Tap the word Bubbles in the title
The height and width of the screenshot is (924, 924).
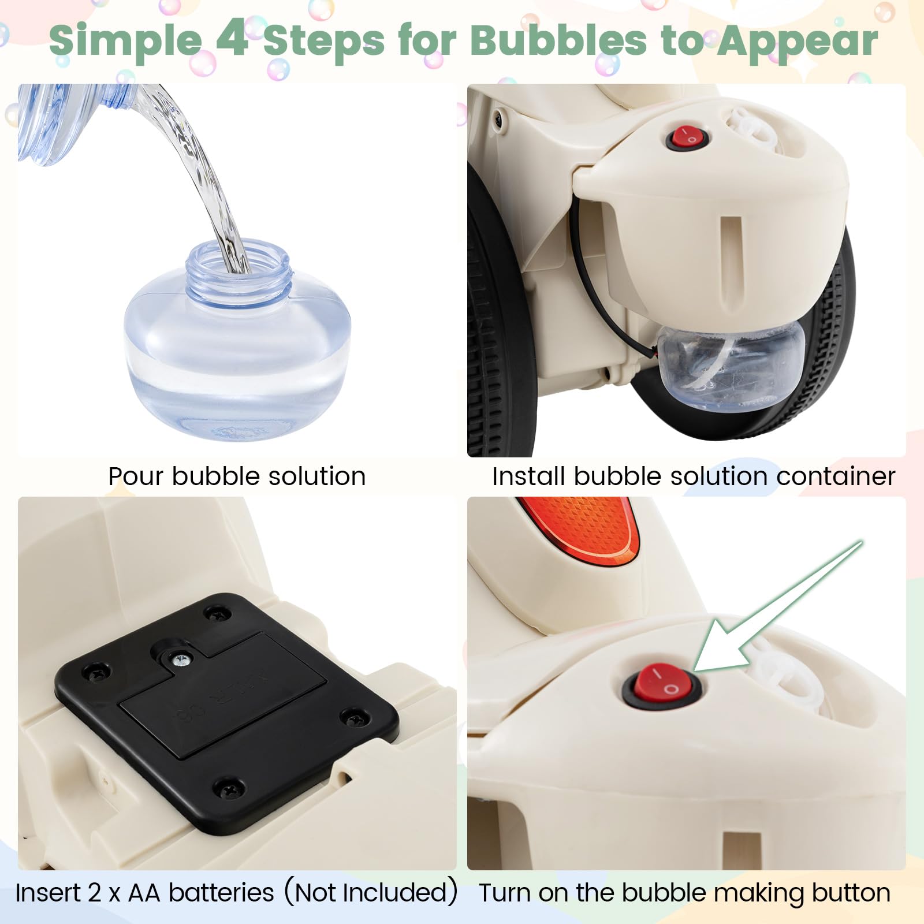(x=558, y=40)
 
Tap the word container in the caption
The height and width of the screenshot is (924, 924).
(x=836, y=477)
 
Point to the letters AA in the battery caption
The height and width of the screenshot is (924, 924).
(x=144, y=893)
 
